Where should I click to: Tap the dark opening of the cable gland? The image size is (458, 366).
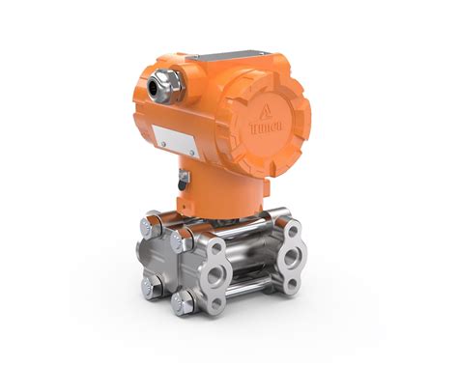(x=155, y=89)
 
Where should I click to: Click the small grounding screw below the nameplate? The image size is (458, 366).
(x=181, y=178)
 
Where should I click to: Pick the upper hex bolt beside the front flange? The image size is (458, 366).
(x=178, y=241)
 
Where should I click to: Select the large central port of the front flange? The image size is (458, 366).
(x=215, y=274)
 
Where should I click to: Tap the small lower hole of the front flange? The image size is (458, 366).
(x=217, y=303)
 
